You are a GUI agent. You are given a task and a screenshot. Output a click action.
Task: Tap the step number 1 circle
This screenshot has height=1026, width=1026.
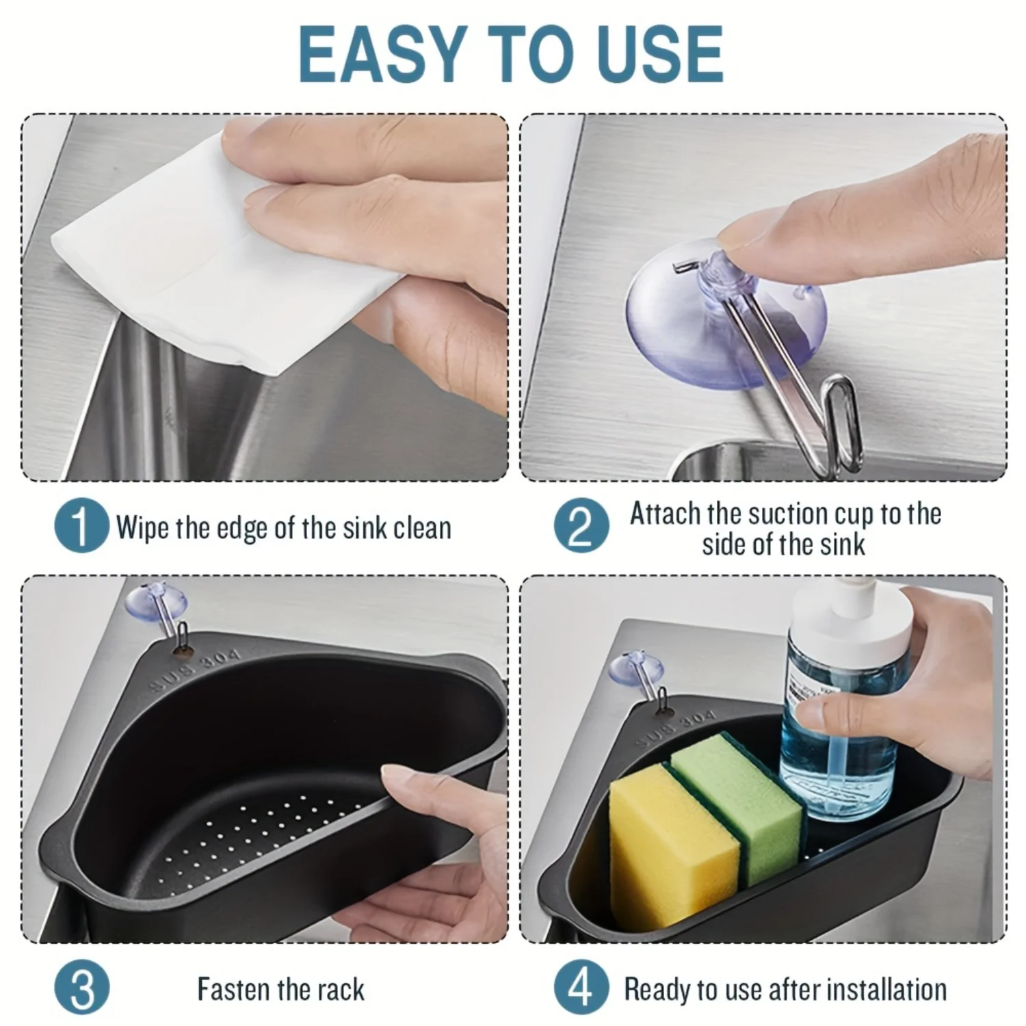(x=81, y=526)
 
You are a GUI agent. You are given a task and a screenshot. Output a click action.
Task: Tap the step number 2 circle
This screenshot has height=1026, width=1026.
(x=581, y=526)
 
